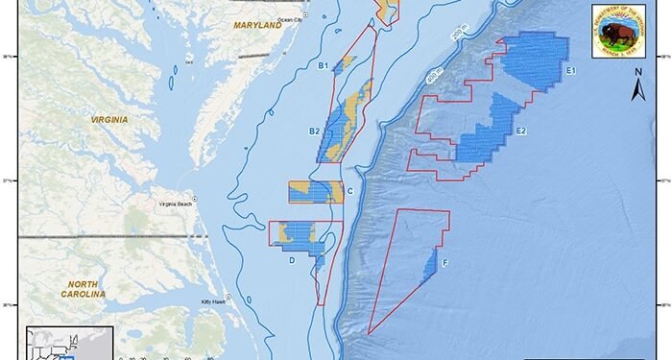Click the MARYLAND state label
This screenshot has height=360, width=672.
[258, 26]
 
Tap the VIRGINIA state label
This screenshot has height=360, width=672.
[108, 121]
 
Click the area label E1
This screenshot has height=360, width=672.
[570, 71]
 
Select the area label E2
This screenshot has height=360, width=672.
[520, 131]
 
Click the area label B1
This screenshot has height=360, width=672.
[324, 65]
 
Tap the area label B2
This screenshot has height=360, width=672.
[314, 131]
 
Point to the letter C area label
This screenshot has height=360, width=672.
[350, 191]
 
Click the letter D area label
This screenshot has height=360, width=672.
[291, 258]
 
